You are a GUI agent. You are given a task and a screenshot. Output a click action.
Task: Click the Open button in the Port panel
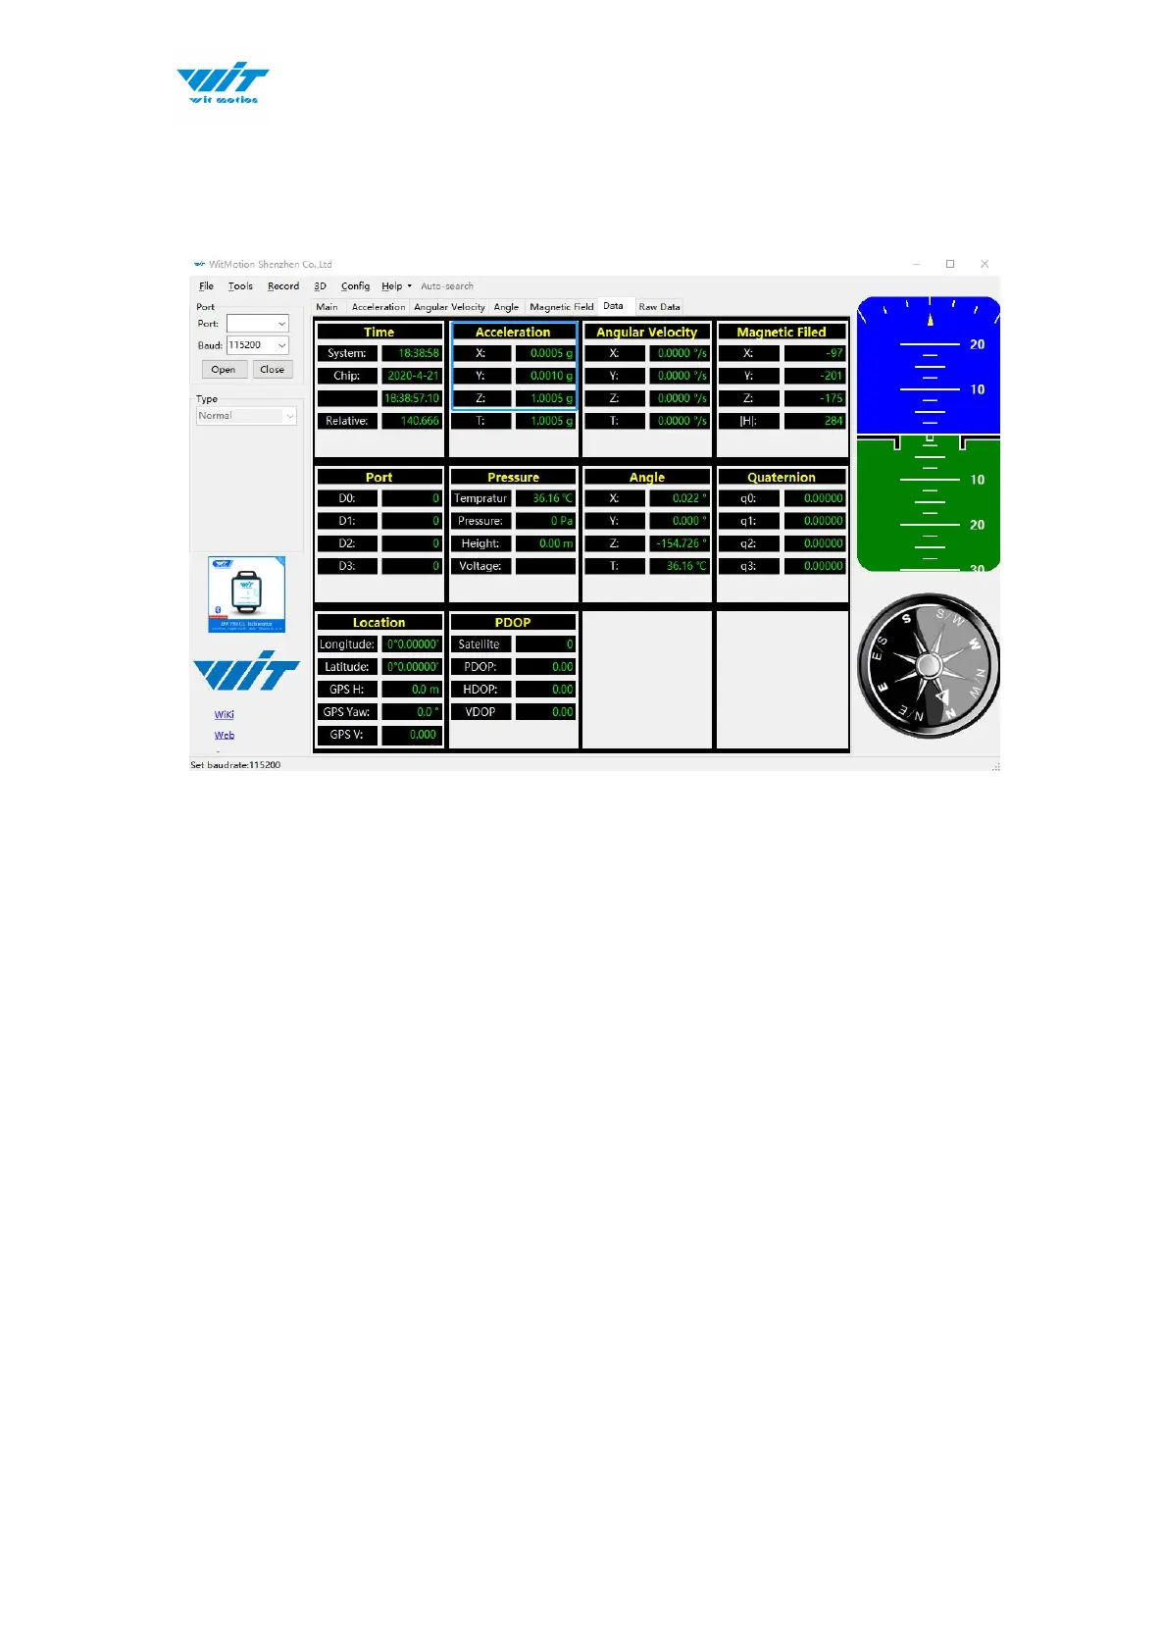[x=223, y=370]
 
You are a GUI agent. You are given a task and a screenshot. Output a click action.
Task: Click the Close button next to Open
[x=272, y=370]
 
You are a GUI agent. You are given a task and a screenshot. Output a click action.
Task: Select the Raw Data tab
[x=659, y=307]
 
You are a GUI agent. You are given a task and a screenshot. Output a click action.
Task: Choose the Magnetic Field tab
[x=561, y=307]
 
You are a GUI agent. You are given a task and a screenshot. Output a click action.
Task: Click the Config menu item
[x=355, y=286]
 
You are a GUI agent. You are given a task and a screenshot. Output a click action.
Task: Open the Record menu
[x=283, y=286]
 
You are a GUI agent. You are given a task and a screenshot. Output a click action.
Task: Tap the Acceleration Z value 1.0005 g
[x=546, y=398]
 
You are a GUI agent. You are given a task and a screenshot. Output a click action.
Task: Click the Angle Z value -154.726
[x=679, y=543]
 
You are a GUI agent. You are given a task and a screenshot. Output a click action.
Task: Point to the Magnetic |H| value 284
[x=815, y=421]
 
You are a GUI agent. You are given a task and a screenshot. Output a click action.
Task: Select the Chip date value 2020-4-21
[x=412, y=376]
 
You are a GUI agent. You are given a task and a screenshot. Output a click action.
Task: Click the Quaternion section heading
[x=782, y=478]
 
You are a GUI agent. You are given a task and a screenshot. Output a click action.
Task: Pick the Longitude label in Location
[x=347, y=644]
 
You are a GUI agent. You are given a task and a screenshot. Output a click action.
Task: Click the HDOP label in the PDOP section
[x=480, y=690]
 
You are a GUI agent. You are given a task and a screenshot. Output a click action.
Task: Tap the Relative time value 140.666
[x=412, y=421]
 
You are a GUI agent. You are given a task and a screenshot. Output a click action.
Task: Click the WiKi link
[x=225, y=715]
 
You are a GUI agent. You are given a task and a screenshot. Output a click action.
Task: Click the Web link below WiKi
[x=225, y=736]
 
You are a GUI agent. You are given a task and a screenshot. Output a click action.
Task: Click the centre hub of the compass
[x=929, y=666]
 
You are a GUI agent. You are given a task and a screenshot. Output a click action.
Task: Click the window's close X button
[x=985, y=264]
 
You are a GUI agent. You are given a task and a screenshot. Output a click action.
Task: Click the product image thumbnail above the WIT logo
[x=246, y=594]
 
